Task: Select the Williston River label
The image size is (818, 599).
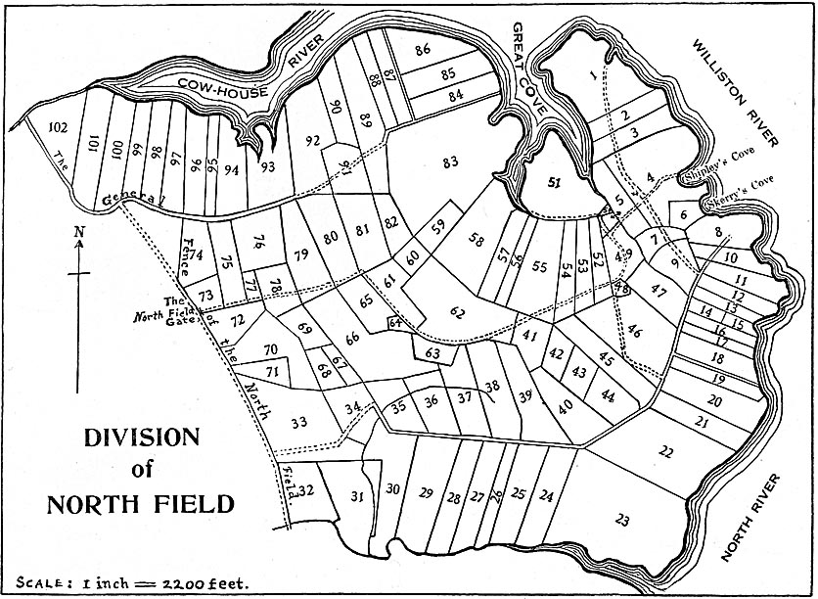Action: (x=734, y=92)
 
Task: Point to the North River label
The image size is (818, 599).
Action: (x=752, y=518)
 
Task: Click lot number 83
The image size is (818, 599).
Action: (x=450, y=161)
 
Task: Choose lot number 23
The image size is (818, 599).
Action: (x=622, y=518)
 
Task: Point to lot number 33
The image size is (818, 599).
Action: (x=299, y=422)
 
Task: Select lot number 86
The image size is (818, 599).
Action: (x=423, y=49)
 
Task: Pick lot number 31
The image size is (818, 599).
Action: (x=357, y=496)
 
